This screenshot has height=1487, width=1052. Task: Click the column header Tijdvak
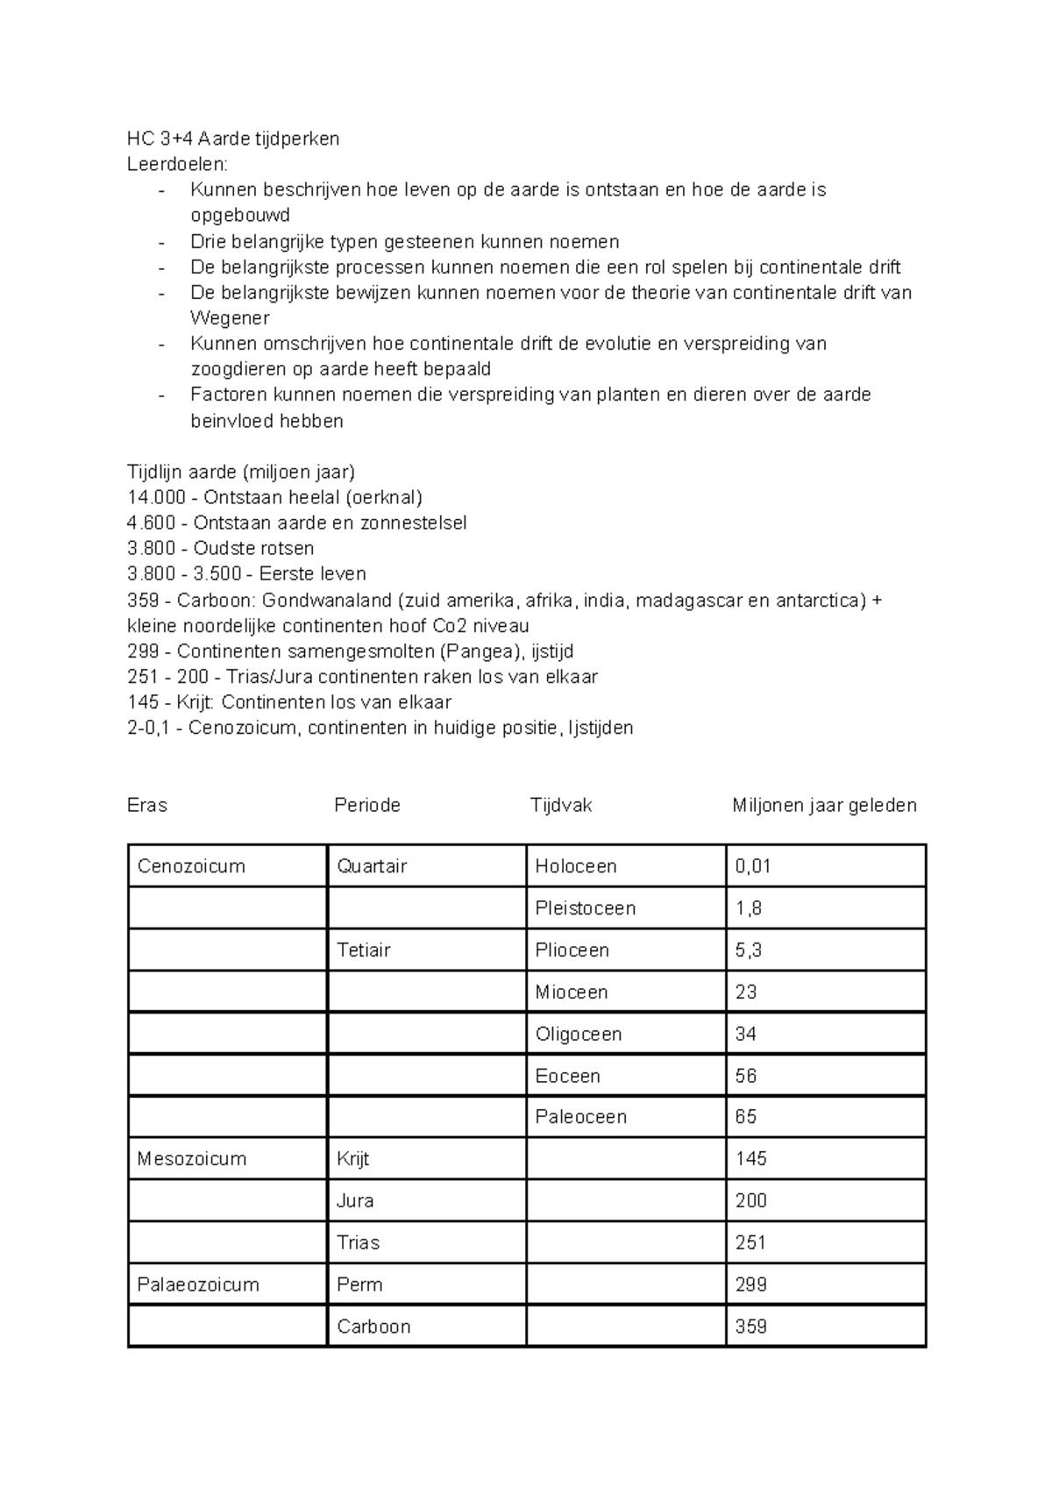561,805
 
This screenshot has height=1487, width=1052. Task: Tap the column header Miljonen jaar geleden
824,805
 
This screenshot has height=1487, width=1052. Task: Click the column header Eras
147,805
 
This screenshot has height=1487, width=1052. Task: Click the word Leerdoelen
176,164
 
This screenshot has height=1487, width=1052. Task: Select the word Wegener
230,318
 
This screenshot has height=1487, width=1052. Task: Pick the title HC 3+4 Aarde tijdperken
233,139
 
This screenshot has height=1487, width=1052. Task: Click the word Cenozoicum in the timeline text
242,728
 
